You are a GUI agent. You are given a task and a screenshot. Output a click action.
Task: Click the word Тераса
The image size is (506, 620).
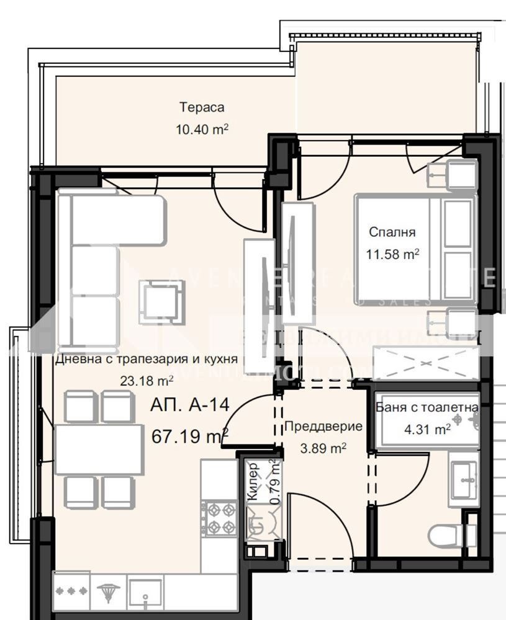pos(202,107)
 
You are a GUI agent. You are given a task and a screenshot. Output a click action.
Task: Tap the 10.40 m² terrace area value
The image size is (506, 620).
pos(202,130)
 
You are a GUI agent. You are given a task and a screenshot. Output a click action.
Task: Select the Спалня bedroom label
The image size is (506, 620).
pos(392,232)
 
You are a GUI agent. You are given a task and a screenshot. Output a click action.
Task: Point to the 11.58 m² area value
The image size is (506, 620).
pos(392,254)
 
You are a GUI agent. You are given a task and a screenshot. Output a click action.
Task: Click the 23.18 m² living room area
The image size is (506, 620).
pos(147,381)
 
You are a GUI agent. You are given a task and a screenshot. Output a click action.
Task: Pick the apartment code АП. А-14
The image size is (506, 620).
pos(190,405)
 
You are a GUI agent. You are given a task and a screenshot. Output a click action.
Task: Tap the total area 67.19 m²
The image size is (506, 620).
pos(190,436)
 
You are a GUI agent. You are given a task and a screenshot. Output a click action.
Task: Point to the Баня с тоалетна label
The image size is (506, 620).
pos(427,407)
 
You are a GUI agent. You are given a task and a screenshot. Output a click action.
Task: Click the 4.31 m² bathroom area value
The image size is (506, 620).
pos(427,428)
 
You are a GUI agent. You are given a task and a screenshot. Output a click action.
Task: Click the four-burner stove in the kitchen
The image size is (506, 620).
pos(219,518)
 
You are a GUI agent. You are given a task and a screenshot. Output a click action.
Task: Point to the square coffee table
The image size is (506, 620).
pos(161,302)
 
